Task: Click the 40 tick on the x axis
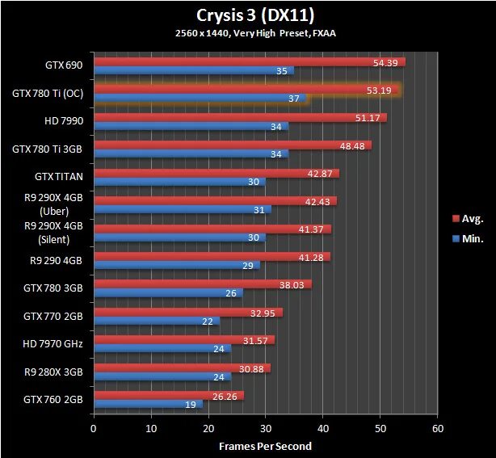(x=322, y=428)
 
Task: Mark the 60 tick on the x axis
(x=437, y=428)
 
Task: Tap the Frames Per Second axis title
(x=265, y=446)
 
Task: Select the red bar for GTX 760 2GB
(x=169, y=395)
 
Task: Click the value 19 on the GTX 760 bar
(x=190, y=405)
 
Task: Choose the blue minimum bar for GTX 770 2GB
(x=157, y=321)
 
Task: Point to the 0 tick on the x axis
(x=95, y=428)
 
